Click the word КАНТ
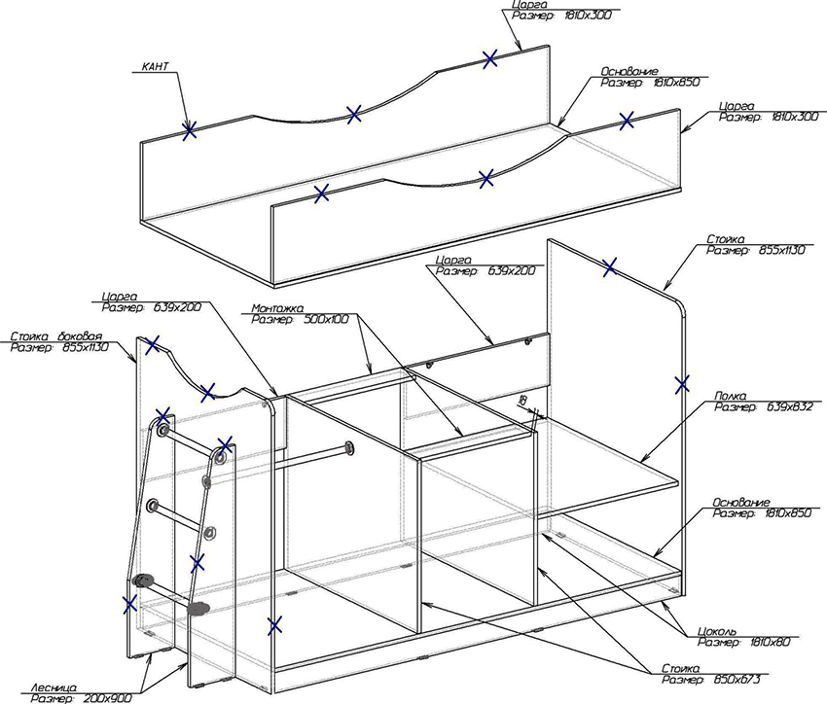[x=156, y=67]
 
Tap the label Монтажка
[x=276, y=307]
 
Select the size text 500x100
[x=326, y=319]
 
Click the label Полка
[x=730, y=396]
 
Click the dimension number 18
[x=522, y=401]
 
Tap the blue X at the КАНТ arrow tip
[x=189, y=128]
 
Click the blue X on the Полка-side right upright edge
[x=682, y=384]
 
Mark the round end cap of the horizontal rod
[x=347, y=448]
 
